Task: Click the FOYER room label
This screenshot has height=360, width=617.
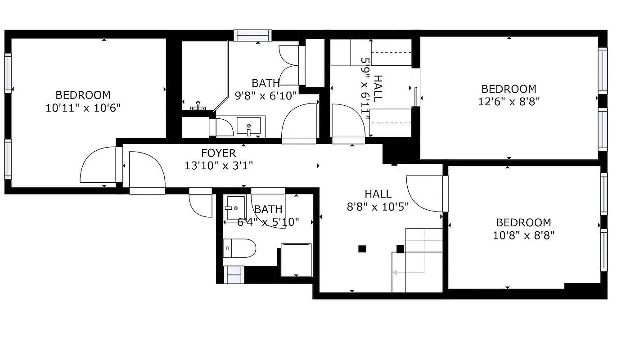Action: click(218, 154)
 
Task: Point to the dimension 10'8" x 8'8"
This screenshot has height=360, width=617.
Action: click(523, 235)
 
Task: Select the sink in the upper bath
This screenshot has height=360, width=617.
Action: click(248, 126)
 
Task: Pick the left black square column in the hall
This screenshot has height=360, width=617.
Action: click(362, 248)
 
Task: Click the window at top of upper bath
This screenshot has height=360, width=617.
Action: click(252, 36)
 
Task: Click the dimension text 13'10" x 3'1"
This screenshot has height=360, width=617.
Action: click(218, 166)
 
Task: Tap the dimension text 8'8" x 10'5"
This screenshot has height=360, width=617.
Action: click(378, 207)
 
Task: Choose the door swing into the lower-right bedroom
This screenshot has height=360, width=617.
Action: click(424, 193)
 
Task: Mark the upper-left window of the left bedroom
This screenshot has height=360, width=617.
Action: click(8, 73)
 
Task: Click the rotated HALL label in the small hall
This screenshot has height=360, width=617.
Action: click(378, 88)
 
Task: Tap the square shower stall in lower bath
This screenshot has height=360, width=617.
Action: click(296, 260)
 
